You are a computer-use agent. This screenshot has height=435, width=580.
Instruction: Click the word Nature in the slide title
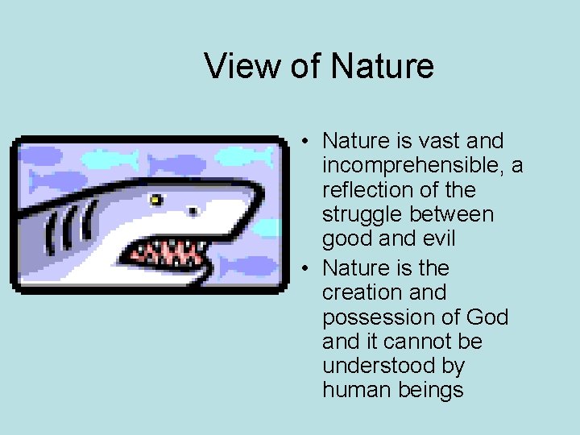(382, 66)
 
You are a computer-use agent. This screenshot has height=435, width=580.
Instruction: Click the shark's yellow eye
(155, 197)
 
